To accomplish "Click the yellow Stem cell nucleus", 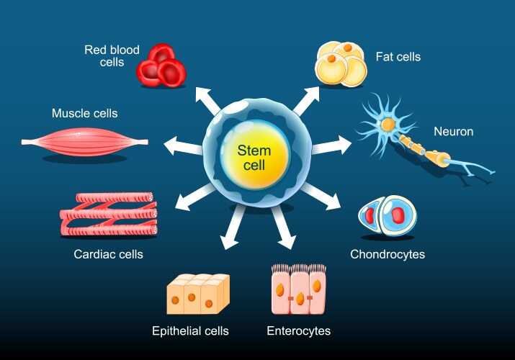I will coord(258,156).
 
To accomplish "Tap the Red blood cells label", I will coord(112,56).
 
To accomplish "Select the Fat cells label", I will coord(398,56).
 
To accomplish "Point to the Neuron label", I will coord(453,131).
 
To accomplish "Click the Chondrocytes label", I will coord(387,254).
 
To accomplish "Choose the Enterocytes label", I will coord(298,331).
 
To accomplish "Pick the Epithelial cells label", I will coord(190,331).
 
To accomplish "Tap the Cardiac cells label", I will coord(108,254).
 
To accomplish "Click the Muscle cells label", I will coord(84,113).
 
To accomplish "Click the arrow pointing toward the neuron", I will coord(332,146).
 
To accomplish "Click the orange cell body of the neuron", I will coord(388,125).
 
